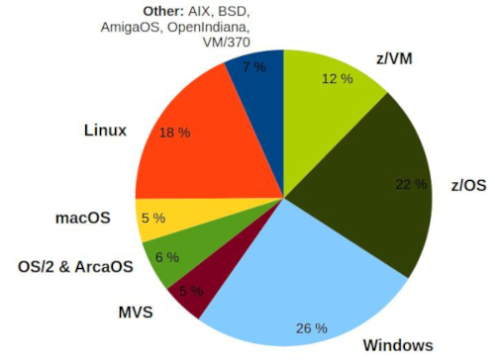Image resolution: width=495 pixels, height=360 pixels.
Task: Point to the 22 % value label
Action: click(411, 184)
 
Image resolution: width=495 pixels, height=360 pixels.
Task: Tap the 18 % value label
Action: click(174, 132)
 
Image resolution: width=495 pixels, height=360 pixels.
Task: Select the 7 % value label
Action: click(253, 66)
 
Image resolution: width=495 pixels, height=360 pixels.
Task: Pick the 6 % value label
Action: click(166, 257)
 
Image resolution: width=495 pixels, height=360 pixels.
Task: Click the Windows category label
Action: click(397, 344)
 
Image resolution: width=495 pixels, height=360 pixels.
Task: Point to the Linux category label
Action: click(104, 130)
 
